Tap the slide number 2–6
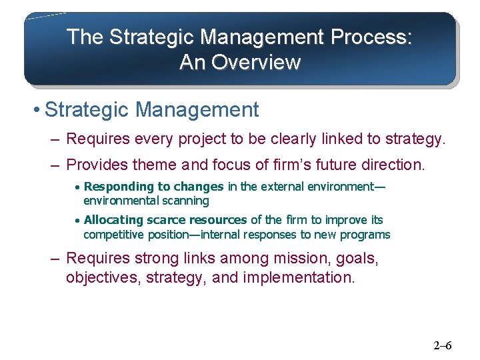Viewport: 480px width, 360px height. point(443,345)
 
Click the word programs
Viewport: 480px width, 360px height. point(368,235)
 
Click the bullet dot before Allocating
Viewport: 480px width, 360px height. point(77,221)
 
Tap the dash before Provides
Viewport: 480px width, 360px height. point(54,165)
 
